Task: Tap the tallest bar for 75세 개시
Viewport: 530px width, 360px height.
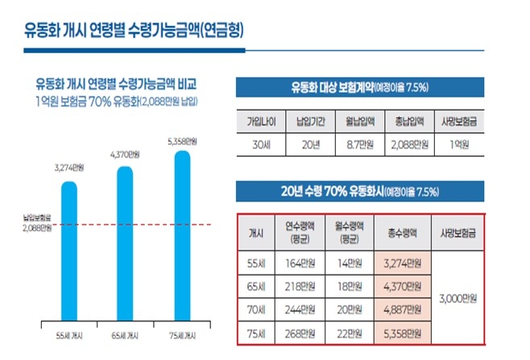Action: (182, 234)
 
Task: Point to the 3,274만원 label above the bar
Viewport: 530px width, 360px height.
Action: (69, 168)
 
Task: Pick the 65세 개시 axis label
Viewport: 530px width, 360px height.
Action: (126, 333)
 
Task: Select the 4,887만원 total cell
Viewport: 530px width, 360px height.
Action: (403, 309)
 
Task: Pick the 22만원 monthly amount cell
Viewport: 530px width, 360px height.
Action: (350, 333)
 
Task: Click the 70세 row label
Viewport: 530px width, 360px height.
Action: (255, 309)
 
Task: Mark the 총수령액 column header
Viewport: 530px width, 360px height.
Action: (403, 233)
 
